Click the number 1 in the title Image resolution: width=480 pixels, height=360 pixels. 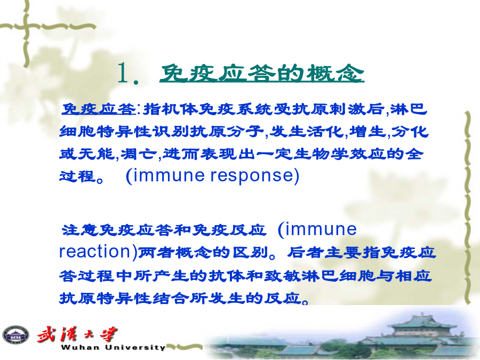(x=124, y=73)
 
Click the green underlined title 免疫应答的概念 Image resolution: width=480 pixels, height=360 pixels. (x=262, y=74)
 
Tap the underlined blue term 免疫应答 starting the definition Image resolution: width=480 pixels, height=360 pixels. (x=98, y=109)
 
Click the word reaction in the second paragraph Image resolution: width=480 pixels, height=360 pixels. (x=94, y=251)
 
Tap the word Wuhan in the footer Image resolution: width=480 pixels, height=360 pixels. (x=80, y=347)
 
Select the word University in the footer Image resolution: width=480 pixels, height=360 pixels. (x=135, y=347)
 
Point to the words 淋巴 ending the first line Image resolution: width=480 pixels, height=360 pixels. (x=409, y=109)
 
